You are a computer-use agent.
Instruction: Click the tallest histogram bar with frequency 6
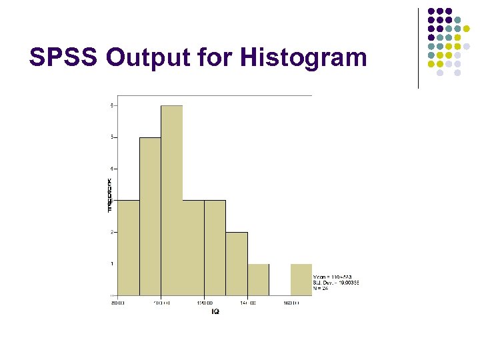171,200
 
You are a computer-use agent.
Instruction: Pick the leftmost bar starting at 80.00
129,247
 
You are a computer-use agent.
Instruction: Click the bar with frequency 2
237,263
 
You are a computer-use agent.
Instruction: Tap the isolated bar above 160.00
301,279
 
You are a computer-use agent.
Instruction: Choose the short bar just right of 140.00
259,279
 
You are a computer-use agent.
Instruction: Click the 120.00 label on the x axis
205,303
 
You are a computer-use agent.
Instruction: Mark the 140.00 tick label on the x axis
248,303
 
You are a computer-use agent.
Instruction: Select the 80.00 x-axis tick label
118,303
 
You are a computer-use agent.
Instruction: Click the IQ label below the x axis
215,311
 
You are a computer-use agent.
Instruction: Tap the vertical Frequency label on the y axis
110,195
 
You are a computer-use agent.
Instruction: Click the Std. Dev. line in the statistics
335,283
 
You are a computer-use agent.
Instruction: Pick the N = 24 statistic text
321,289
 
